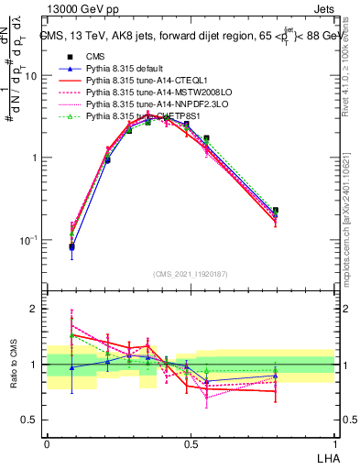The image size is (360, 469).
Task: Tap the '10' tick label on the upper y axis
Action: pos(31,76)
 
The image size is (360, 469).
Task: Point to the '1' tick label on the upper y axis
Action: pos(34,158)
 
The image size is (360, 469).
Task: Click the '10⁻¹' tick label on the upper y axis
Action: pos(29,239)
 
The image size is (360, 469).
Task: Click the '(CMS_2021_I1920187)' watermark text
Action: pos(191,274)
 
